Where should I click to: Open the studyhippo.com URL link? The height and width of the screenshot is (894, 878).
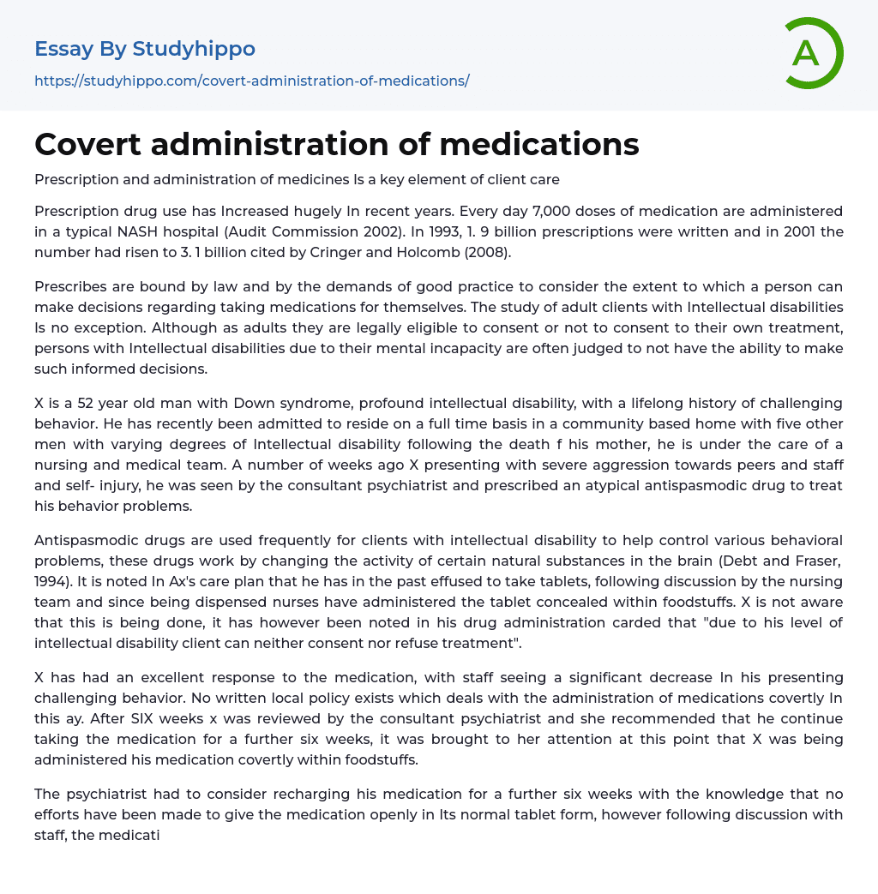tap(251, 81)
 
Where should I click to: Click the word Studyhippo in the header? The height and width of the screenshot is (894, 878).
tap(194, 49)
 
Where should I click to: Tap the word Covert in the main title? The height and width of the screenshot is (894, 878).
tap(87, 144)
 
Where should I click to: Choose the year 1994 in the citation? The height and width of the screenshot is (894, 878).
tap(53, 581)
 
